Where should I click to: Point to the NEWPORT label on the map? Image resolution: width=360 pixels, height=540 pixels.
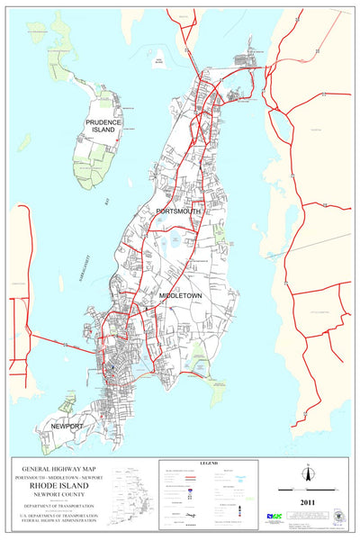[x=67, y=425]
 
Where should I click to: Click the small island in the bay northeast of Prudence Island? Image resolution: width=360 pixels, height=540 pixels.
[x=160, y=60]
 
